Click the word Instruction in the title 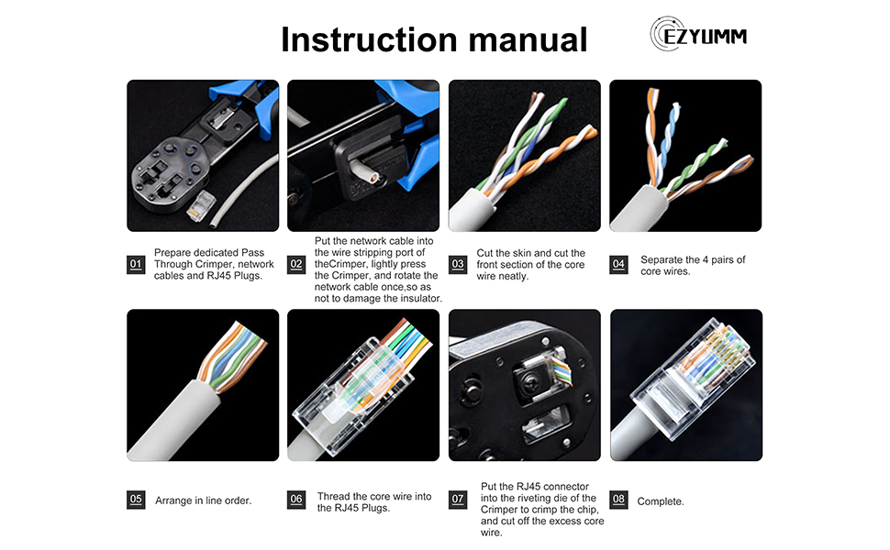click(368, 40)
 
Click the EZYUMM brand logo click(698, 36)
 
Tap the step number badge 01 click(136, 265)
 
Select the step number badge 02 click(295, 265)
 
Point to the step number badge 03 click(457, 265)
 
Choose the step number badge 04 click(618, 265)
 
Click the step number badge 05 click(136, 500)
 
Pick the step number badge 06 click(295, 500)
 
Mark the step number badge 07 click(457, 500)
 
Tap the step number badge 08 click(618, 500)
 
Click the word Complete click(660, 501)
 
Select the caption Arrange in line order click(203, 500)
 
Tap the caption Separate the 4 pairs click(692, 266)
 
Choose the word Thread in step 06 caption click(332, 496)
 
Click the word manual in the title click(524, 40)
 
